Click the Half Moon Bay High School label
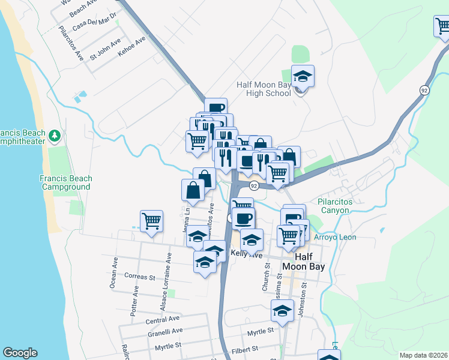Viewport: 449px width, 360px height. click(x=264, y=89)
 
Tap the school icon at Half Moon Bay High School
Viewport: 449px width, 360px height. click(x=303, y=77)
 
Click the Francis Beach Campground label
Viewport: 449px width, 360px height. click(x=66, y=182)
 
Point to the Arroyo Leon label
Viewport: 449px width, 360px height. click(x=335, y=238)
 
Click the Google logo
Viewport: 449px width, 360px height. click(x=20, y=353)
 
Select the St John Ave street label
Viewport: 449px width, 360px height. click(x=105, y=55)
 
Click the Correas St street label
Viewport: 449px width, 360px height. click(x=139, y=277)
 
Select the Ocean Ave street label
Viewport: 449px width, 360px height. click(x=113, y=274)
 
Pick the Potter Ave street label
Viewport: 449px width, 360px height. click(x=136, y=298)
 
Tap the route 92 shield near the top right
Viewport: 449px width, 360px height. click(x=424, y=90)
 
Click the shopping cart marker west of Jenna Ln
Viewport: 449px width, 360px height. click(x=152, y=221)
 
